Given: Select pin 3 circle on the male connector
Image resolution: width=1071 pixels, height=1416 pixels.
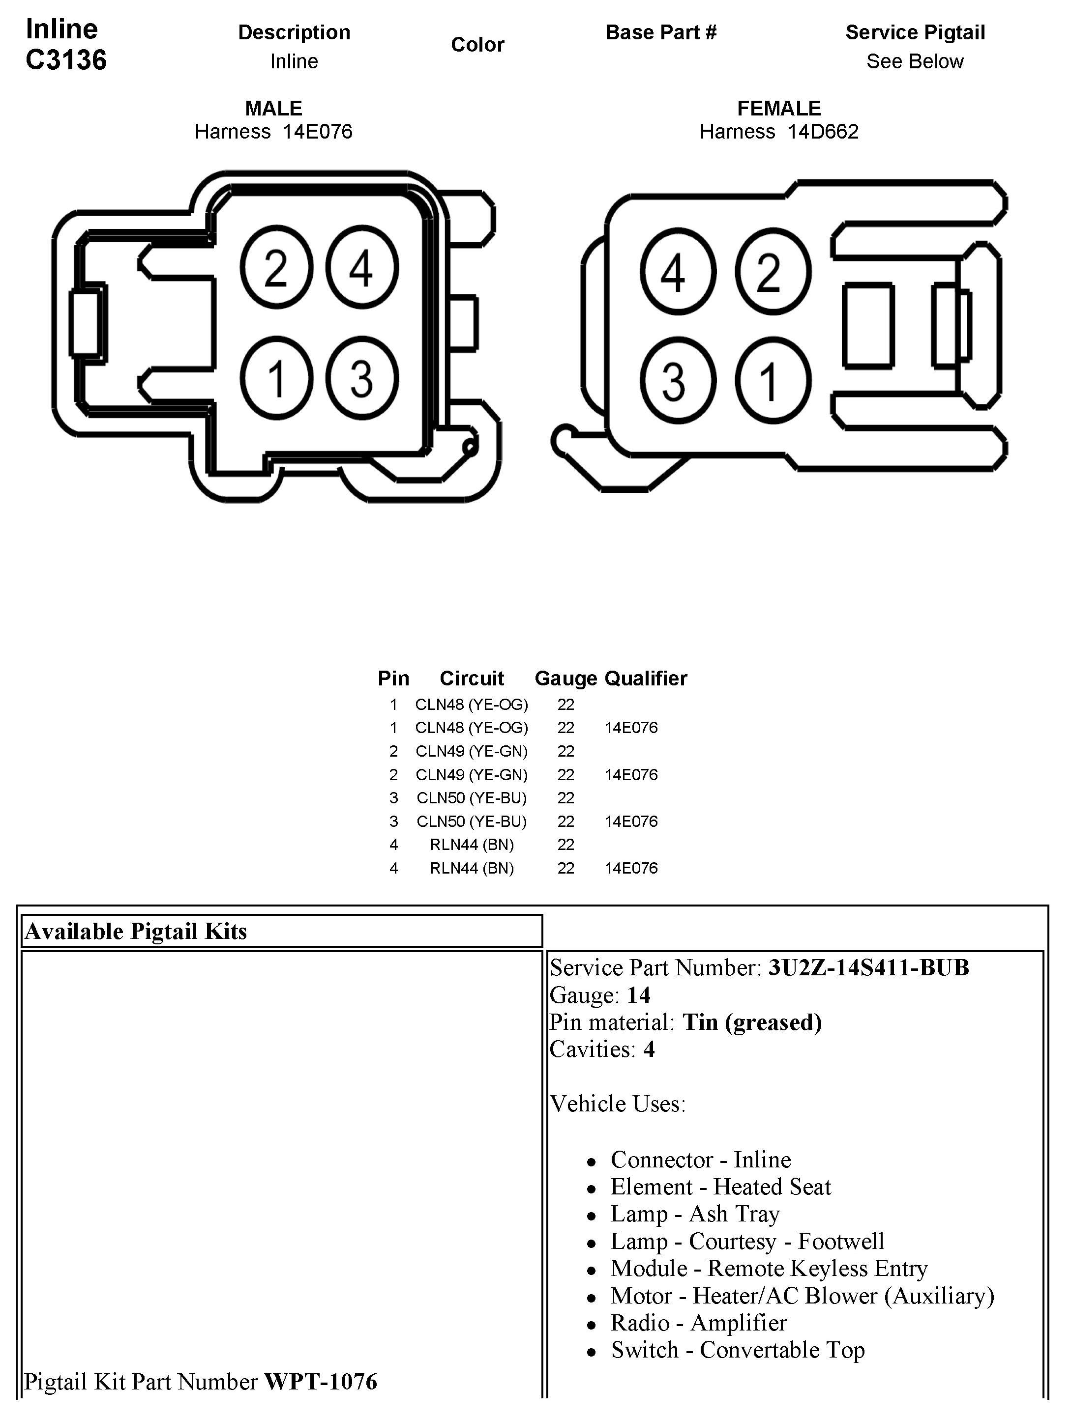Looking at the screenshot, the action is coord(362,378).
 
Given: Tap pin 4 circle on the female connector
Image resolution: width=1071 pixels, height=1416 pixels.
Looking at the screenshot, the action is coord(677,272).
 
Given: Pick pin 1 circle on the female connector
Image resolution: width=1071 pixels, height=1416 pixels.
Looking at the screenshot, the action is coord(773,381).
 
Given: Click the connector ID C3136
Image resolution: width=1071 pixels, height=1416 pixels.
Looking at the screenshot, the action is coord(66,60).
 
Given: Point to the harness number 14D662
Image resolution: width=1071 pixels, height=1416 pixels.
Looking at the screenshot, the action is coord(823,132).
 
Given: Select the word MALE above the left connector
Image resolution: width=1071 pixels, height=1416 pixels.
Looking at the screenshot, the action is coord(273,108).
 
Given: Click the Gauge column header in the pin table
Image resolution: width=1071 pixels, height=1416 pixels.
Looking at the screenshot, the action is coord(565,679).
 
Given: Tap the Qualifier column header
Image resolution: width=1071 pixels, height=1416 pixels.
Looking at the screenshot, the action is coord(646,679).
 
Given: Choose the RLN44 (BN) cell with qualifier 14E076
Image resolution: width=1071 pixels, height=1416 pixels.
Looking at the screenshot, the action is coord(472,869).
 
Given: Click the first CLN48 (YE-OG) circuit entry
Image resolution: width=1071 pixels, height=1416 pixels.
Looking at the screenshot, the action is coord(472,705).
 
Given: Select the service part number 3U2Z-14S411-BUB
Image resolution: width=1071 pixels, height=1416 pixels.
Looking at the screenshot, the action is coord(868,968).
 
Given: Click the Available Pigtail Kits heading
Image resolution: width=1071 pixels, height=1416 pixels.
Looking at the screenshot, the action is coord(136,932).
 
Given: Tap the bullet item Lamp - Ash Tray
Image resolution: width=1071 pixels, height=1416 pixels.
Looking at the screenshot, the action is coord(695,1214).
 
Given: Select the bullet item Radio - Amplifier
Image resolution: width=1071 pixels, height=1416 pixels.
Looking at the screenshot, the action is coord(698,1323).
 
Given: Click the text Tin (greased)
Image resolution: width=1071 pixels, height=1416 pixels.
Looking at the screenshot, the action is coord(751,1022).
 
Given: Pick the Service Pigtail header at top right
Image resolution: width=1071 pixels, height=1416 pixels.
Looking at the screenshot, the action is coord(915,32).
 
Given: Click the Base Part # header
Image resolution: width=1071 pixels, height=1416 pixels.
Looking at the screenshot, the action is coord(661,32).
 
